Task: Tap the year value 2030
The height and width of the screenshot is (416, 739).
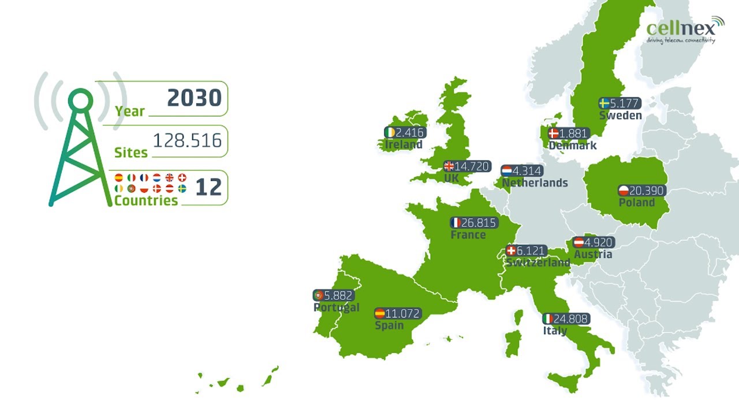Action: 194,98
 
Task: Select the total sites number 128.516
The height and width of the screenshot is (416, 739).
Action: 187,140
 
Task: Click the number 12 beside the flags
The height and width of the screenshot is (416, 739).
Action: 208,187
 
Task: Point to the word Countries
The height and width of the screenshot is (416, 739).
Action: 146,200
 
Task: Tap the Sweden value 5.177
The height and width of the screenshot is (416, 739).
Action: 625,103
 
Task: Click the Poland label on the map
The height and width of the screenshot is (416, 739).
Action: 636,203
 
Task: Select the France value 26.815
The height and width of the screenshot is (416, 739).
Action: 479,222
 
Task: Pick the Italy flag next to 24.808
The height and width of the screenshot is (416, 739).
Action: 548,318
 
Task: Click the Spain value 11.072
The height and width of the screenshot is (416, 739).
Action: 403,314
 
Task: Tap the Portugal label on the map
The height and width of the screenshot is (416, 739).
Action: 336,307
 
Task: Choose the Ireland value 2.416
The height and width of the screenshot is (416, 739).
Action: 410,132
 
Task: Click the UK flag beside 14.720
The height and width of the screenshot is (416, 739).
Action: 449,166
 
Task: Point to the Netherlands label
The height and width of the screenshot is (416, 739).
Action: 535,183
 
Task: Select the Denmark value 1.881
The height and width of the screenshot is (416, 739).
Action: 573,133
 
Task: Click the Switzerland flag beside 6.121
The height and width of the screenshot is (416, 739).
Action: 511,251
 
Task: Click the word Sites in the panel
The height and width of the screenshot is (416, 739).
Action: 131,153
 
